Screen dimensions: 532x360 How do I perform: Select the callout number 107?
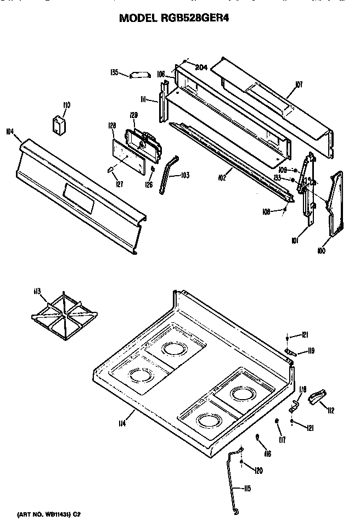click(299, 85)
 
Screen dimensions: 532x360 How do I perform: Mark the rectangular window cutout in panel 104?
click(77, 197)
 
